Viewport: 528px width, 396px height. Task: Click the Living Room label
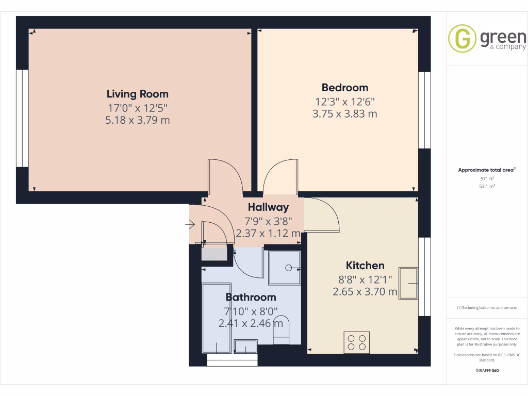tap(137, 94)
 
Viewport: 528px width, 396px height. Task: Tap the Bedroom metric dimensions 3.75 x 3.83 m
tap(344, 114)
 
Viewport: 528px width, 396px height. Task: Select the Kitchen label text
tap(365, 266)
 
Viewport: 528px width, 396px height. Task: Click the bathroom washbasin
tap(245, 346)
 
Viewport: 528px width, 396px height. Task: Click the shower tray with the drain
tap(285, 268)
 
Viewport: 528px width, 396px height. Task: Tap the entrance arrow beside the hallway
tap(189, 224)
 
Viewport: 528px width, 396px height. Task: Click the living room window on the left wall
tap(22, 119)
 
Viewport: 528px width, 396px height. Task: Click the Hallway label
tap(268, 208)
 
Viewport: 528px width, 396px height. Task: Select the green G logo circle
tap(462, 39)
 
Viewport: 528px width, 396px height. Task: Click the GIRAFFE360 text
tap(487, 371)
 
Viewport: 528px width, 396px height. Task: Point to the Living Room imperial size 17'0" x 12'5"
tap(137, 108)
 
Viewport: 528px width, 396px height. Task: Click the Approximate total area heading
tap(486, 170)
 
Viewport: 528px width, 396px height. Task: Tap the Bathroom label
tap(251, 298)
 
